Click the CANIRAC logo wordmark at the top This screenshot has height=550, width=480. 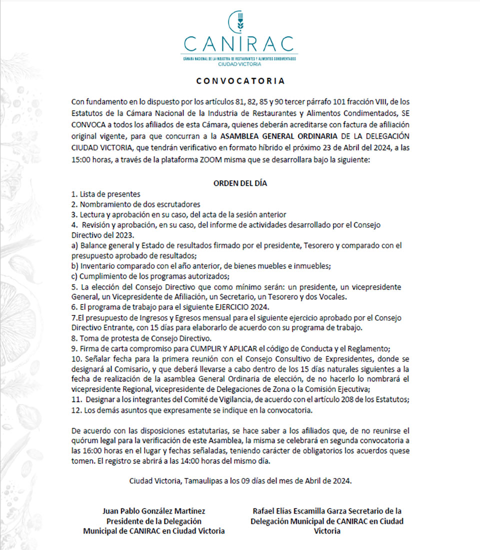[x=239, y=43]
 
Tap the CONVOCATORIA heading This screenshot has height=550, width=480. [x=240, y=80]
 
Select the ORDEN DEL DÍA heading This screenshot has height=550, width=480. [x=240, y=183]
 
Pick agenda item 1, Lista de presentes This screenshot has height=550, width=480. [x=105, y=194]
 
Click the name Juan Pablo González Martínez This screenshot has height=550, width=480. [x=153, y=511]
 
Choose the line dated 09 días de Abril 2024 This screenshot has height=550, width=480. [x=240, y=481]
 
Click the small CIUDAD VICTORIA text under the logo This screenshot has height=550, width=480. [x=239, y=64]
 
